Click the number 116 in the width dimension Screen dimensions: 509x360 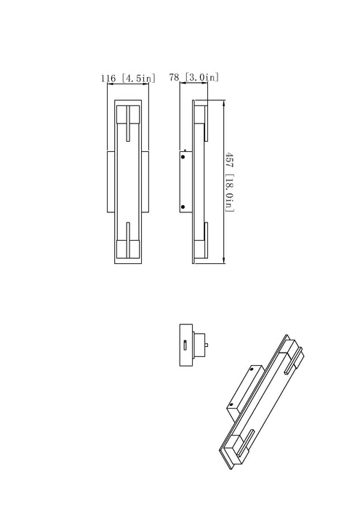(109, 76)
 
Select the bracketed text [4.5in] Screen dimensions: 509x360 (136, 76)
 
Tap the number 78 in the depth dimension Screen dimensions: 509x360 (173, 76)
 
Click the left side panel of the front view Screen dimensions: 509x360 (110, 182)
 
